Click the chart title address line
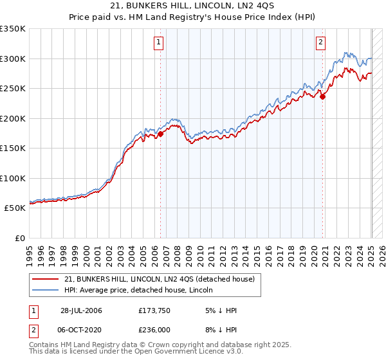tap(192, 7)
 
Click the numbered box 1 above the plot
tap(158, 43)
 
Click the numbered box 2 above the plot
tap(320, 43)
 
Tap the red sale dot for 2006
tap(161, 134)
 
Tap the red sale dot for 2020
tap(324, 97)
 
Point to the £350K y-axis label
tap(13, 29)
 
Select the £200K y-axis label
tap(13, 118)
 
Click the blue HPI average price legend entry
tap(142, 289)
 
